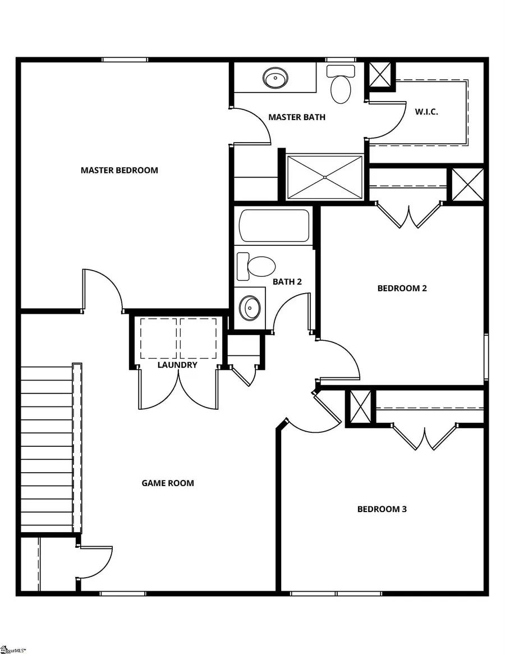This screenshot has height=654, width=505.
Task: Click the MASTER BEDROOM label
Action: pyautogui.click(x=119, y=170)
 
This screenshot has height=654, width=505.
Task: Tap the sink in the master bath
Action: pyautogui.click(x=275, y=78)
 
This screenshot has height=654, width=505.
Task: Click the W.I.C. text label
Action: pyautogui.click(x=426, y=112)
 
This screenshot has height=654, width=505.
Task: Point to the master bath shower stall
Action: pyautogui.click(x=325, y=177)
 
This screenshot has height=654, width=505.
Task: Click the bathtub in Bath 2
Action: pyautogui.click(x=274, y=226)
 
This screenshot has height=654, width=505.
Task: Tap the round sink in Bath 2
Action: pyautogui.click(x=249, y=307)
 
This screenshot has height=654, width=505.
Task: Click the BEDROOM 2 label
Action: pyautogui.click(x=402, y=289)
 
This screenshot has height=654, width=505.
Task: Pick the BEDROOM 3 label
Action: pyautogui.click(x=382, y=509)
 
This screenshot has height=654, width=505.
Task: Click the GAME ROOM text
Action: pyautogui.click(x=168, y=483)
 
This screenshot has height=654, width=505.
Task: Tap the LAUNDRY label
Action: pyautogui.click(x=177, y=365)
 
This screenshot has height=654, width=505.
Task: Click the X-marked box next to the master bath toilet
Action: pyautogui.click(x=381, y=74)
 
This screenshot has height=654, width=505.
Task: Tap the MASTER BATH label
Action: pyautogui.click(x=296, y=117)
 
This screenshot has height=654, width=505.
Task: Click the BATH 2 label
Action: pyautogui.click(x=287, y=281)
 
